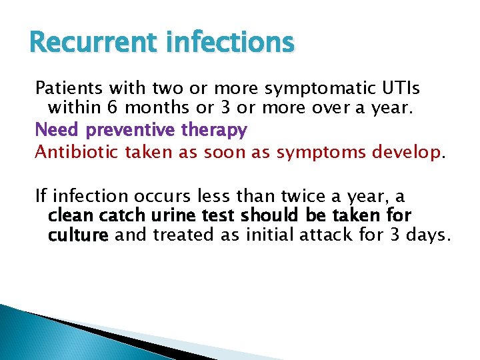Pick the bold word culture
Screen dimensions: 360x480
78,235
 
